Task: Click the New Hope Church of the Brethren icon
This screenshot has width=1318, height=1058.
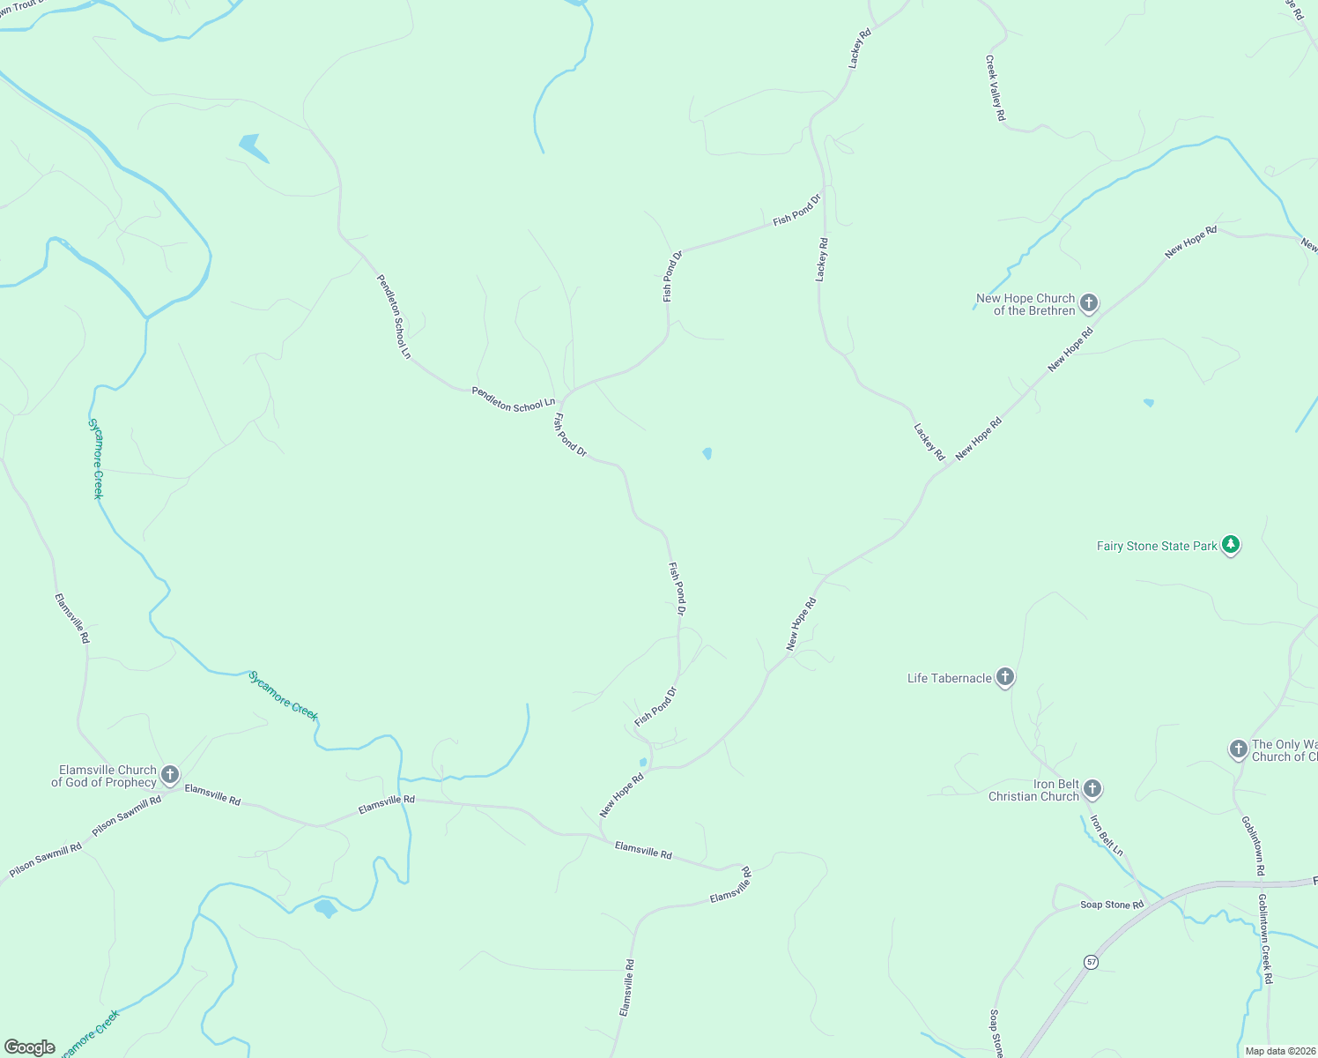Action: tap(1089, 304)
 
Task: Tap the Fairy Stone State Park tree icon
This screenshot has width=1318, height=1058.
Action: tap(1232, 546)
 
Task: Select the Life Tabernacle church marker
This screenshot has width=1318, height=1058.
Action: tap(1005, 678)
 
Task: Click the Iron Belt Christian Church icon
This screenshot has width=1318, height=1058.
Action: tap(1092, 789)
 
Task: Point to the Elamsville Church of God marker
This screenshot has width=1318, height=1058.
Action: tap(170, 776)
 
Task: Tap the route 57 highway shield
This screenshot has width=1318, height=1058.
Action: tap(1092, 962)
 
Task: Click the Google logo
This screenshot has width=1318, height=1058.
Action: tap(29, 1047)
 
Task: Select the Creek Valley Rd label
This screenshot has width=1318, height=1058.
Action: tap(995, 88)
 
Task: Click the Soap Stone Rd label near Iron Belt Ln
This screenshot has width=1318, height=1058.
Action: tap(1112, 905)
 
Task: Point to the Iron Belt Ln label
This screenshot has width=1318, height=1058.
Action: tap(1107, 836)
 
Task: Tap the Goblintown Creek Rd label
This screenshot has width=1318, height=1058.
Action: tap(1265, 939)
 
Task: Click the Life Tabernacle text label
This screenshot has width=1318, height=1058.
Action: tap(950, 678)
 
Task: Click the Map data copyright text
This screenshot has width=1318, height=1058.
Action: tap(1279, 1051)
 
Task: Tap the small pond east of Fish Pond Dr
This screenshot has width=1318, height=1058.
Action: tap(707, 453)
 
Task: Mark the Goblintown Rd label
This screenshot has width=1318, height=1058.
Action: tap(1254, 846)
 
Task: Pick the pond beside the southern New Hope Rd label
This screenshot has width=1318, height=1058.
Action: tap(643, 763)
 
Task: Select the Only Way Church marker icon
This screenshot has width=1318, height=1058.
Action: tap(1239, 749)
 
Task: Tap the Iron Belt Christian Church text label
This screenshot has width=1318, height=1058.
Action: tap(1034, 791)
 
